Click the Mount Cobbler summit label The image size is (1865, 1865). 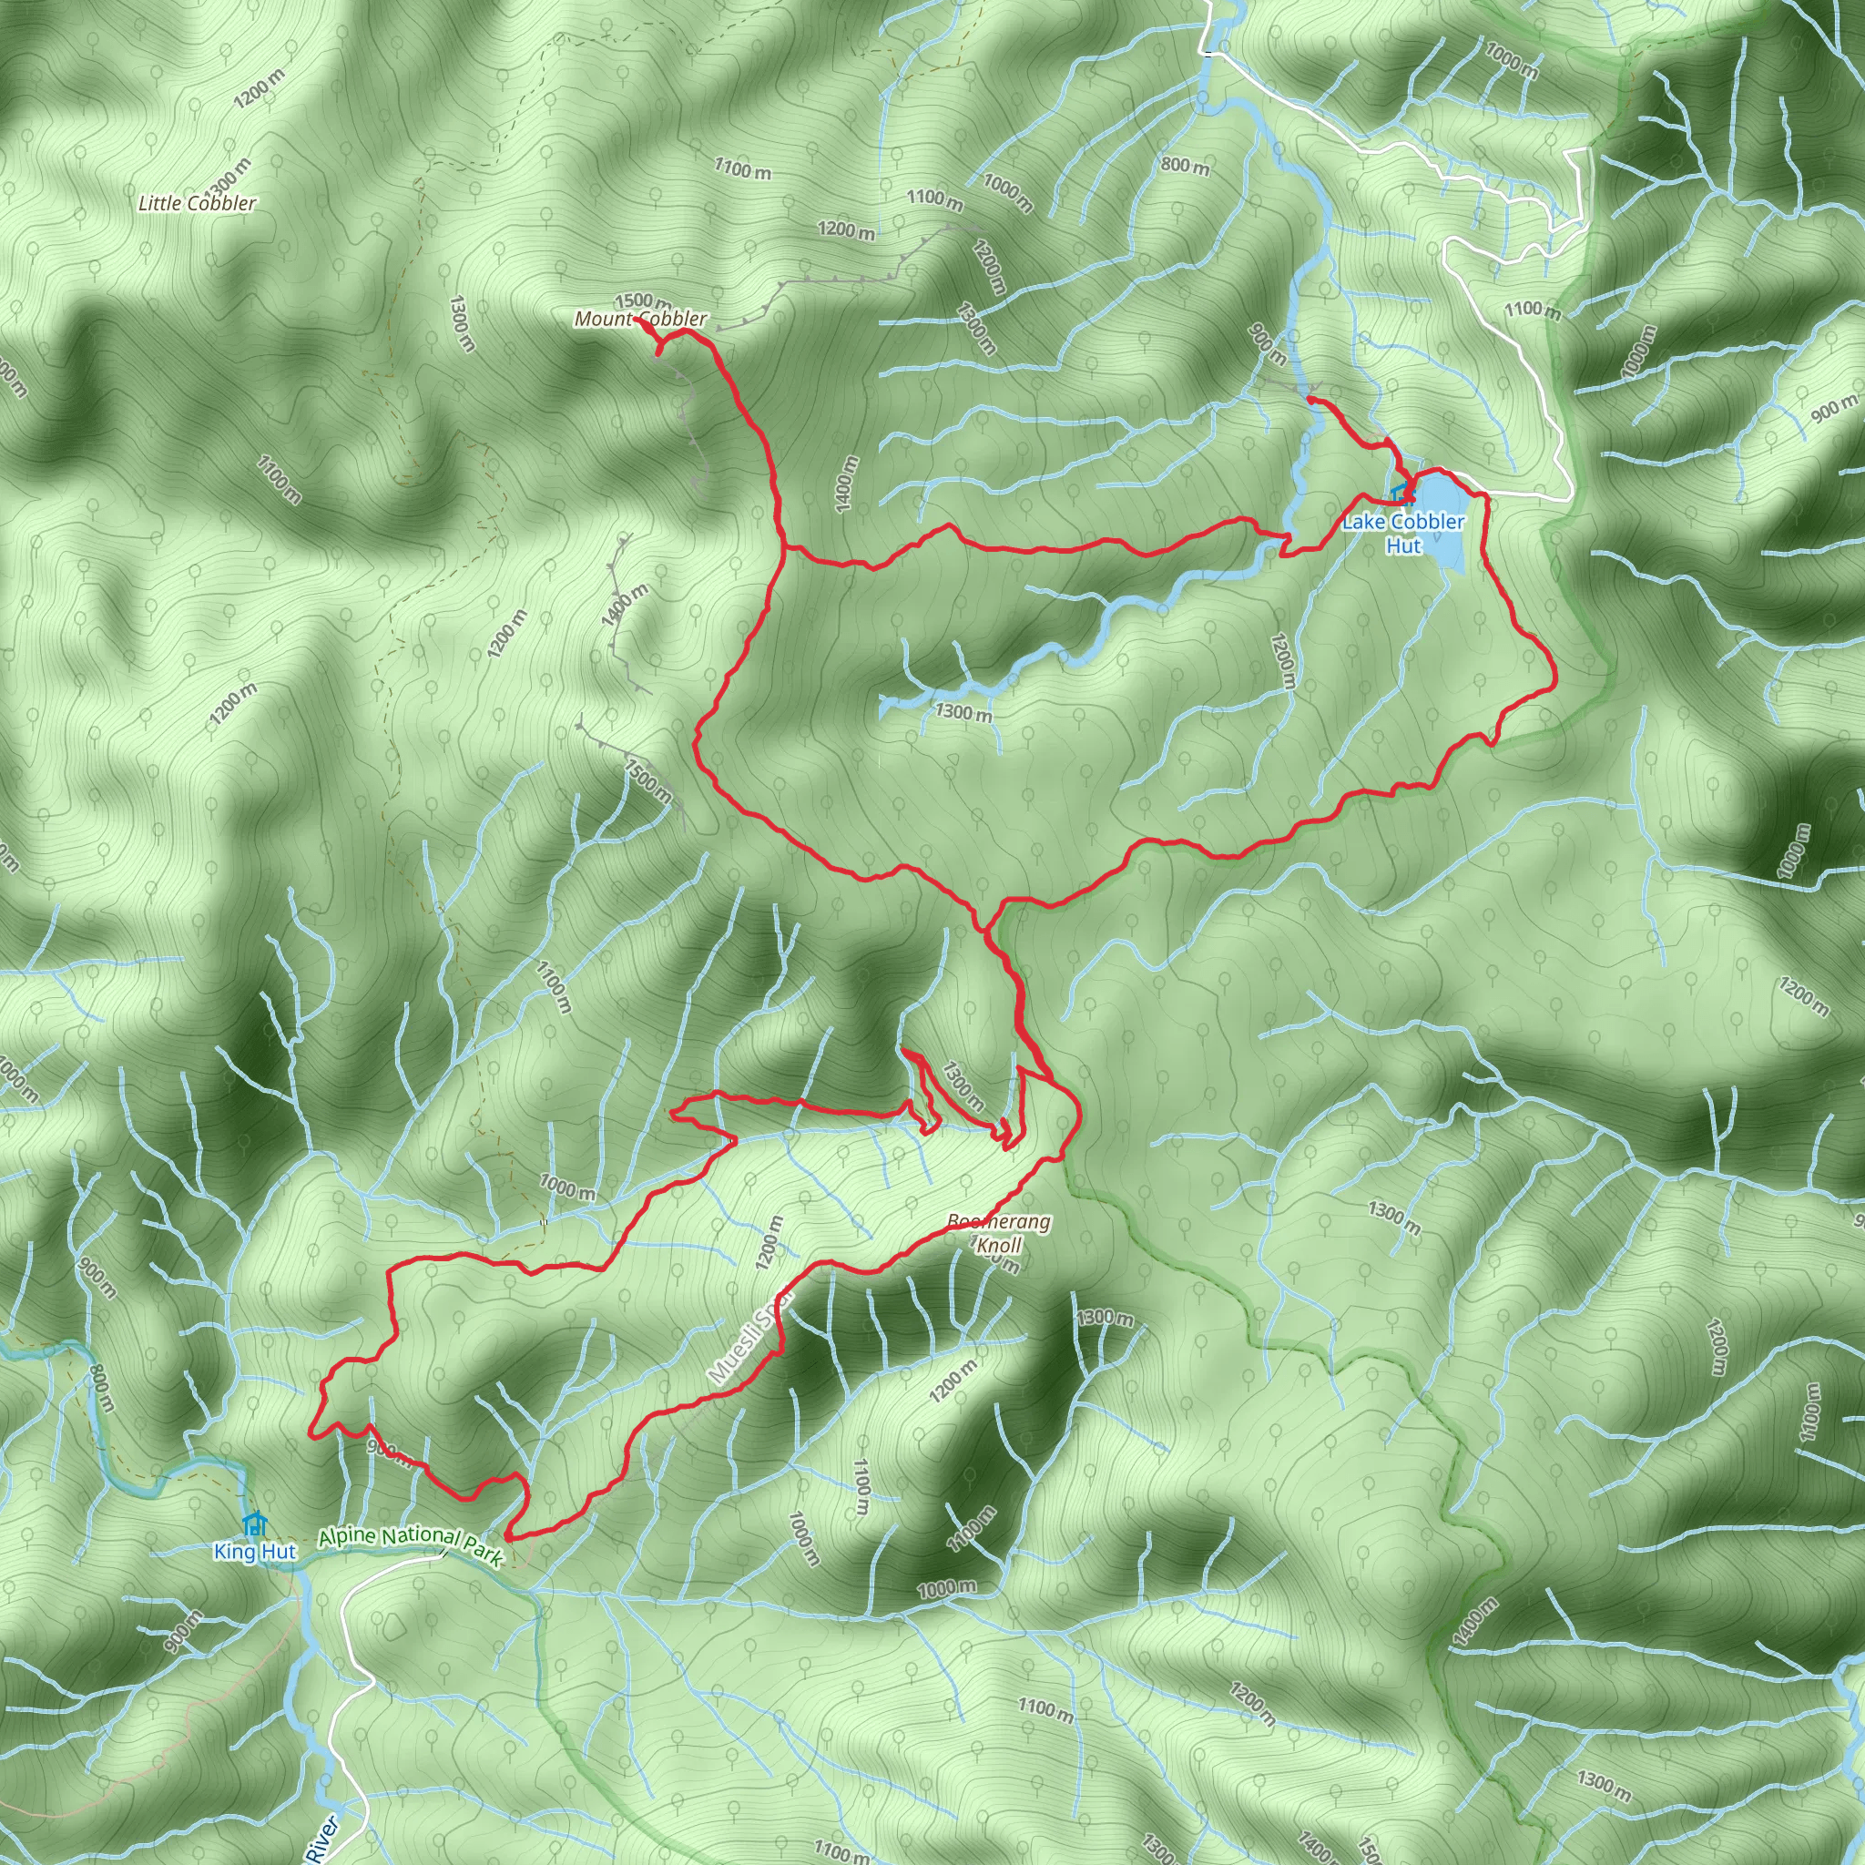click(640, 319)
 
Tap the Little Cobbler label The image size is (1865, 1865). click(197, 203)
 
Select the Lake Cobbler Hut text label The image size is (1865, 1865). click(1403, 534)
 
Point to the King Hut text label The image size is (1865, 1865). click(255, 1551)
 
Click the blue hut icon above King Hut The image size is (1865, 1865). click(254, 1524)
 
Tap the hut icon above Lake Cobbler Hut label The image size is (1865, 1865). click(1400, 494)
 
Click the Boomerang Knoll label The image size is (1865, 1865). click(998, 1233)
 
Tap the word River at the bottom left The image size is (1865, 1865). click(323, 1838)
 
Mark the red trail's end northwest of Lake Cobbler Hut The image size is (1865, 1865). click(1309, 398)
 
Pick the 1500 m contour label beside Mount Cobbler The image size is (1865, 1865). click(640, 302)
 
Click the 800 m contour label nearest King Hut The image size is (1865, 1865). click(101, 1387)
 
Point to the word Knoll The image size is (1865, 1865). click(998, 1245)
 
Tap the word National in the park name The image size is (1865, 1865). click(418, 1538)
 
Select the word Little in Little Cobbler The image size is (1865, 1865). click(159, 203)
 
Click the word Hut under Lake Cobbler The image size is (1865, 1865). click(1403, 546)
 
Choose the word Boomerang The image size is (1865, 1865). click(998, 1222)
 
